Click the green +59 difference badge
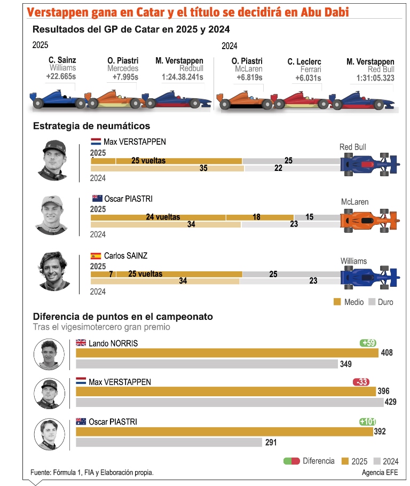368,343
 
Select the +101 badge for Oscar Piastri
368,422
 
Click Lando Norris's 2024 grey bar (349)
207,364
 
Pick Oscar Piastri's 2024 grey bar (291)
169,442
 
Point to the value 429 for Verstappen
391,402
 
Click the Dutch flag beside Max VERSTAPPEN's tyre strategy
96,142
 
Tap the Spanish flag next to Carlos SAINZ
96,256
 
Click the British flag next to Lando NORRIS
81,343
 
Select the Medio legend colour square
337,302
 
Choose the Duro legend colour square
373,302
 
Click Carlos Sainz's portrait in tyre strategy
54,270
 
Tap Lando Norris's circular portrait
49,355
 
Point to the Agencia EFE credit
380,473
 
